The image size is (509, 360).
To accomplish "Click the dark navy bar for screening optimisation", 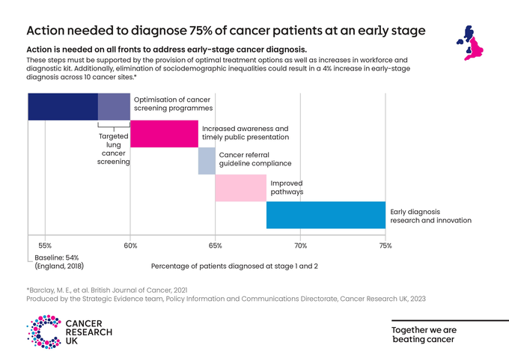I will click(x=63, y=106).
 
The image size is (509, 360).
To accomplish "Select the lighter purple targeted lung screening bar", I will click(x=114, y=106).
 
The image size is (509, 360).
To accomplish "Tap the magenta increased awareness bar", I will click(x=164, y=133).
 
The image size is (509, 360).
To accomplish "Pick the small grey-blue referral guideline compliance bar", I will click(x=207, y=161).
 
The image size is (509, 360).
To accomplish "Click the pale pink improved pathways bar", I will click(x=240, y=188).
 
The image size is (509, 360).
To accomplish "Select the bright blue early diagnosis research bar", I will click(x=326, y=215).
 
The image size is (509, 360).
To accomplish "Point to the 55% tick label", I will click(x=45, y=245).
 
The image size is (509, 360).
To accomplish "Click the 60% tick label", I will click(x=130, y=245).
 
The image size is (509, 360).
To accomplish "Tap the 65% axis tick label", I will click(x=216, y=245).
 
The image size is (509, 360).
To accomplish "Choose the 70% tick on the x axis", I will click(x=300, y=245).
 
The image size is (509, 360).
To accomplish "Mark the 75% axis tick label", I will click(x=385, y=245).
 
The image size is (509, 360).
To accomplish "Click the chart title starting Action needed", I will click(x=225, y=31).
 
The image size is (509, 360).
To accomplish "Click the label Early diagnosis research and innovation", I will click(x=430, y=216).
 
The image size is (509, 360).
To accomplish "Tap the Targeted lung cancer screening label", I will click(x=115, y=149).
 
